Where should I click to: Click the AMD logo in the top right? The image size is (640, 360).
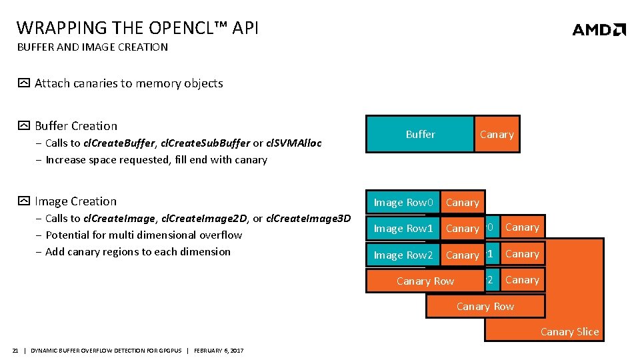click(599, 29)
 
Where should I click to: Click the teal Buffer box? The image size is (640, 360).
click(420, 135)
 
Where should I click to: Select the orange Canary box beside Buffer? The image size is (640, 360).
click(497, 135)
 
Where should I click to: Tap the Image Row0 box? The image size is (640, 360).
click(403, 203)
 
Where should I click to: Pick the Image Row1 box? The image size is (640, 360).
click(403, 229)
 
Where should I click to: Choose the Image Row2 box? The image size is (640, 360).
click(403, 255)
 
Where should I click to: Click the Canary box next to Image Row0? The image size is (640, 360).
click(462, 203)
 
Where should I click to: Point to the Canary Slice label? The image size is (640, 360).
click(569, 332)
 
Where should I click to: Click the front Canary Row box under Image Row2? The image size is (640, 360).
click(425, 281)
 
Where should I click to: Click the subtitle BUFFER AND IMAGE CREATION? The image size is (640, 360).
click(92, 47)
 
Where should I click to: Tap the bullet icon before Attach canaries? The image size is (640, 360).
click(23, 83)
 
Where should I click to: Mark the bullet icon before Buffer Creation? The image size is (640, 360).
click(23, 126)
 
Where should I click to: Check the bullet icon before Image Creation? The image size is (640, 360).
click(23, 201)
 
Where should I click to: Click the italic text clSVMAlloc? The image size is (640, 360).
click(293, 143)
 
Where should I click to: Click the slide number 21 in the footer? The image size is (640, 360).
click(15, 351)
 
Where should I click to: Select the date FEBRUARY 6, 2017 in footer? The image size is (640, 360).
click(219, 351)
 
